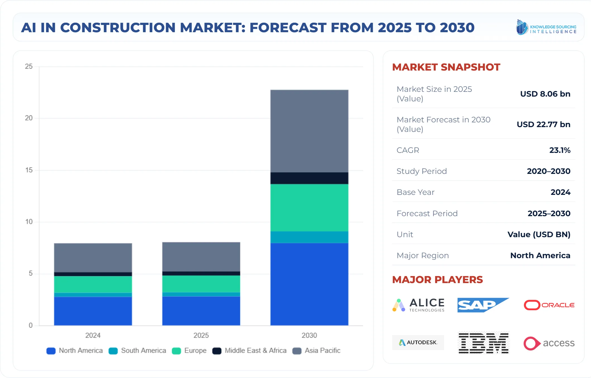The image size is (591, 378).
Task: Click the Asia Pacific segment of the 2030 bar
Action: point(309,131)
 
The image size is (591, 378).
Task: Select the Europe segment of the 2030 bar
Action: point(309,207)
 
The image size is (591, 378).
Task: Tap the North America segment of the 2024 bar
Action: point(93,311)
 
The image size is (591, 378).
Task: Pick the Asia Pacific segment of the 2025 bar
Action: point(201,256)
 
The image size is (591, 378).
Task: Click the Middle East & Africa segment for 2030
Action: point(309,178)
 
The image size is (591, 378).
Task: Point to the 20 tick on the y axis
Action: point(29,118)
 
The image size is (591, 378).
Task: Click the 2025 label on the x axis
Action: point(201,335)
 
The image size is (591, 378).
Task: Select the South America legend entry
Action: point(137,351)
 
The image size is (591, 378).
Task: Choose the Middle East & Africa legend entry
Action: point(250,351)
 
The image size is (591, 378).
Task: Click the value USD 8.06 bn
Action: point(545,94)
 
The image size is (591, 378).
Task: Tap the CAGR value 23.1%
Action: point(560,150)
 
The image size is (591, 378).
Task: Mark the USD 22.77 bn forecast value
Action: point(543,124)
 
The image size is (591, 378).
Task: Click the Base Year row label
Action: point(415,192)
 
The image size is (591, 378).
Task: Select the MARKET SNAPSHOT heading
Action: point(446,67)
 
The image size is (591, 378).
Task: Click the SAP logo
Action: point(483,305)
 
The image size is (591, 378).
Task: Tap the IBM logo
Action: point(483,343)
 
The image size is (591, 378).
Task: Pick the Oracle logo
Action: point(549,305)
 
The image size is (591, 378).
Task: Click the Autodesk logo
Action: point(418,342)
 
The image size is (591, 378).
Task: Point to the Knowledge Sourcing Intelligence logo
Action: point(546,27)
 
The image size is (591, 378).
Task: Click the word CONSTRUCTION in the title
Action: point(118,27)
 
